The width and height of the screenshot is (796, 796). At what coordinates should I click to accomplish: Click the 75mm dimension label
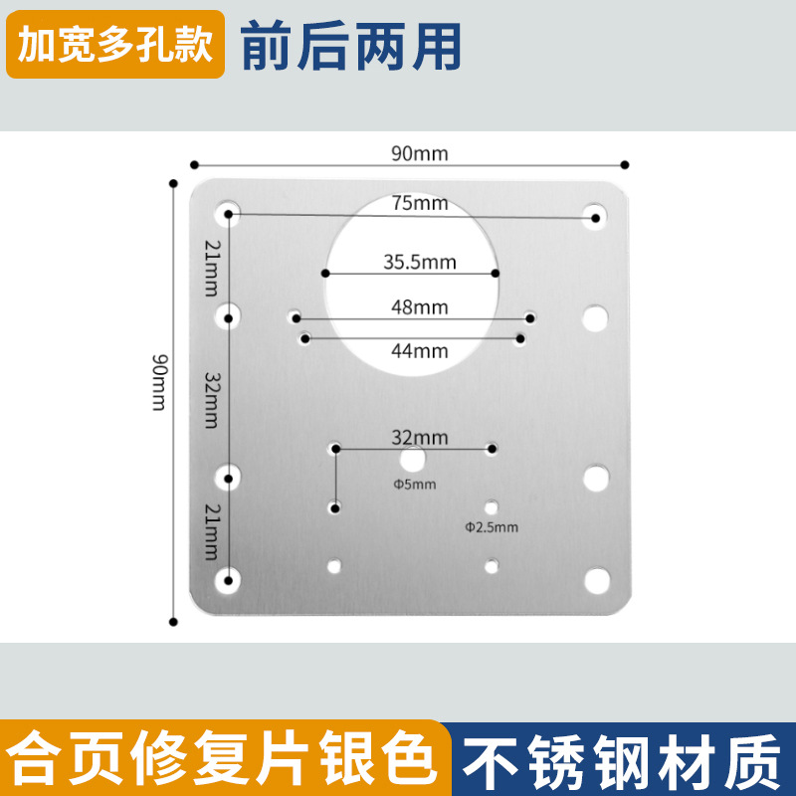click(419, 203)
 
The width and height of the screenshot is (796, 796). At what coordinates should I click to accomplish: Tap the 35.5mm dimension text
click(419, 263)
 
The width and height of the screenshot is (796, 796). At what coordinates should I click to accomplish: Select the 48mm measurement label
click(419, 307)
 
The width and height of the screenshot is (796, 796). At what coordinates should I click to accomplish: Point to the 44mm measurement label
click(419, 350)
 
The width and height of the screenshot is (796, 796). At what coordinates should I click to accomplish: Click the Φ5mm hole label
click(413, 485)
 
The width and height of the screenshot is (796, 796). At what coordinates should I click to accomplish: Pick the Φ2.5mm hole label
click(491, 526)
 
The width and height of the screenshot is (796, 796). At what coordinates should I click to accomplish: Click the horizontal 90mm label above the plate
click(419, 153)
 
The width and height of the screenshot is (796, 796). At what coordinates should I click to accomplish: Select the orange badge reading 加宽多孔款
click(115, 46)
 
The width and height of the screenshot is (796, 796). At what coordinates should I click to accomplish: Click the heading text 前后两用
click(351, 46)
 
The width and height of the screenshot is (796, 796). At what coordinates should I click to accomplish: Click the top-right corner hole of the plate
click(596, 216)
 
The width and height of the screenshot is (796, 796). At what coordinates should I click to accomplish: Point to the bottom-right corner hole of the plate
click(596, 578)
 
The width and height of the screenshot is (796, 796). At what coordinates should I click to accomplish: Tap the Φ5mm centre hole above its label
click(412, 459)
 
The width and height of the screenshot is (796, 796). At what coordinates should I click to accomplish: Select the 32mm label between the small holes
click(419, 437)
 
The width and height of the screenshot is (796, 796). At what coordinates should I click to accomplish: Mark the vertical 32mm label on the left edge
click(210, 399)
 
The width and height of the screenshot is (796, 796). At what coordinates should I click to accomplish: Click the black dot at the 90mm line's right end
click(625, 164)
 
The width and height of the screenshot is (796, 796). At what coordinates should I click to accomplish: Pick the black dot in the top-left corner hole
click(229, 214)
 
